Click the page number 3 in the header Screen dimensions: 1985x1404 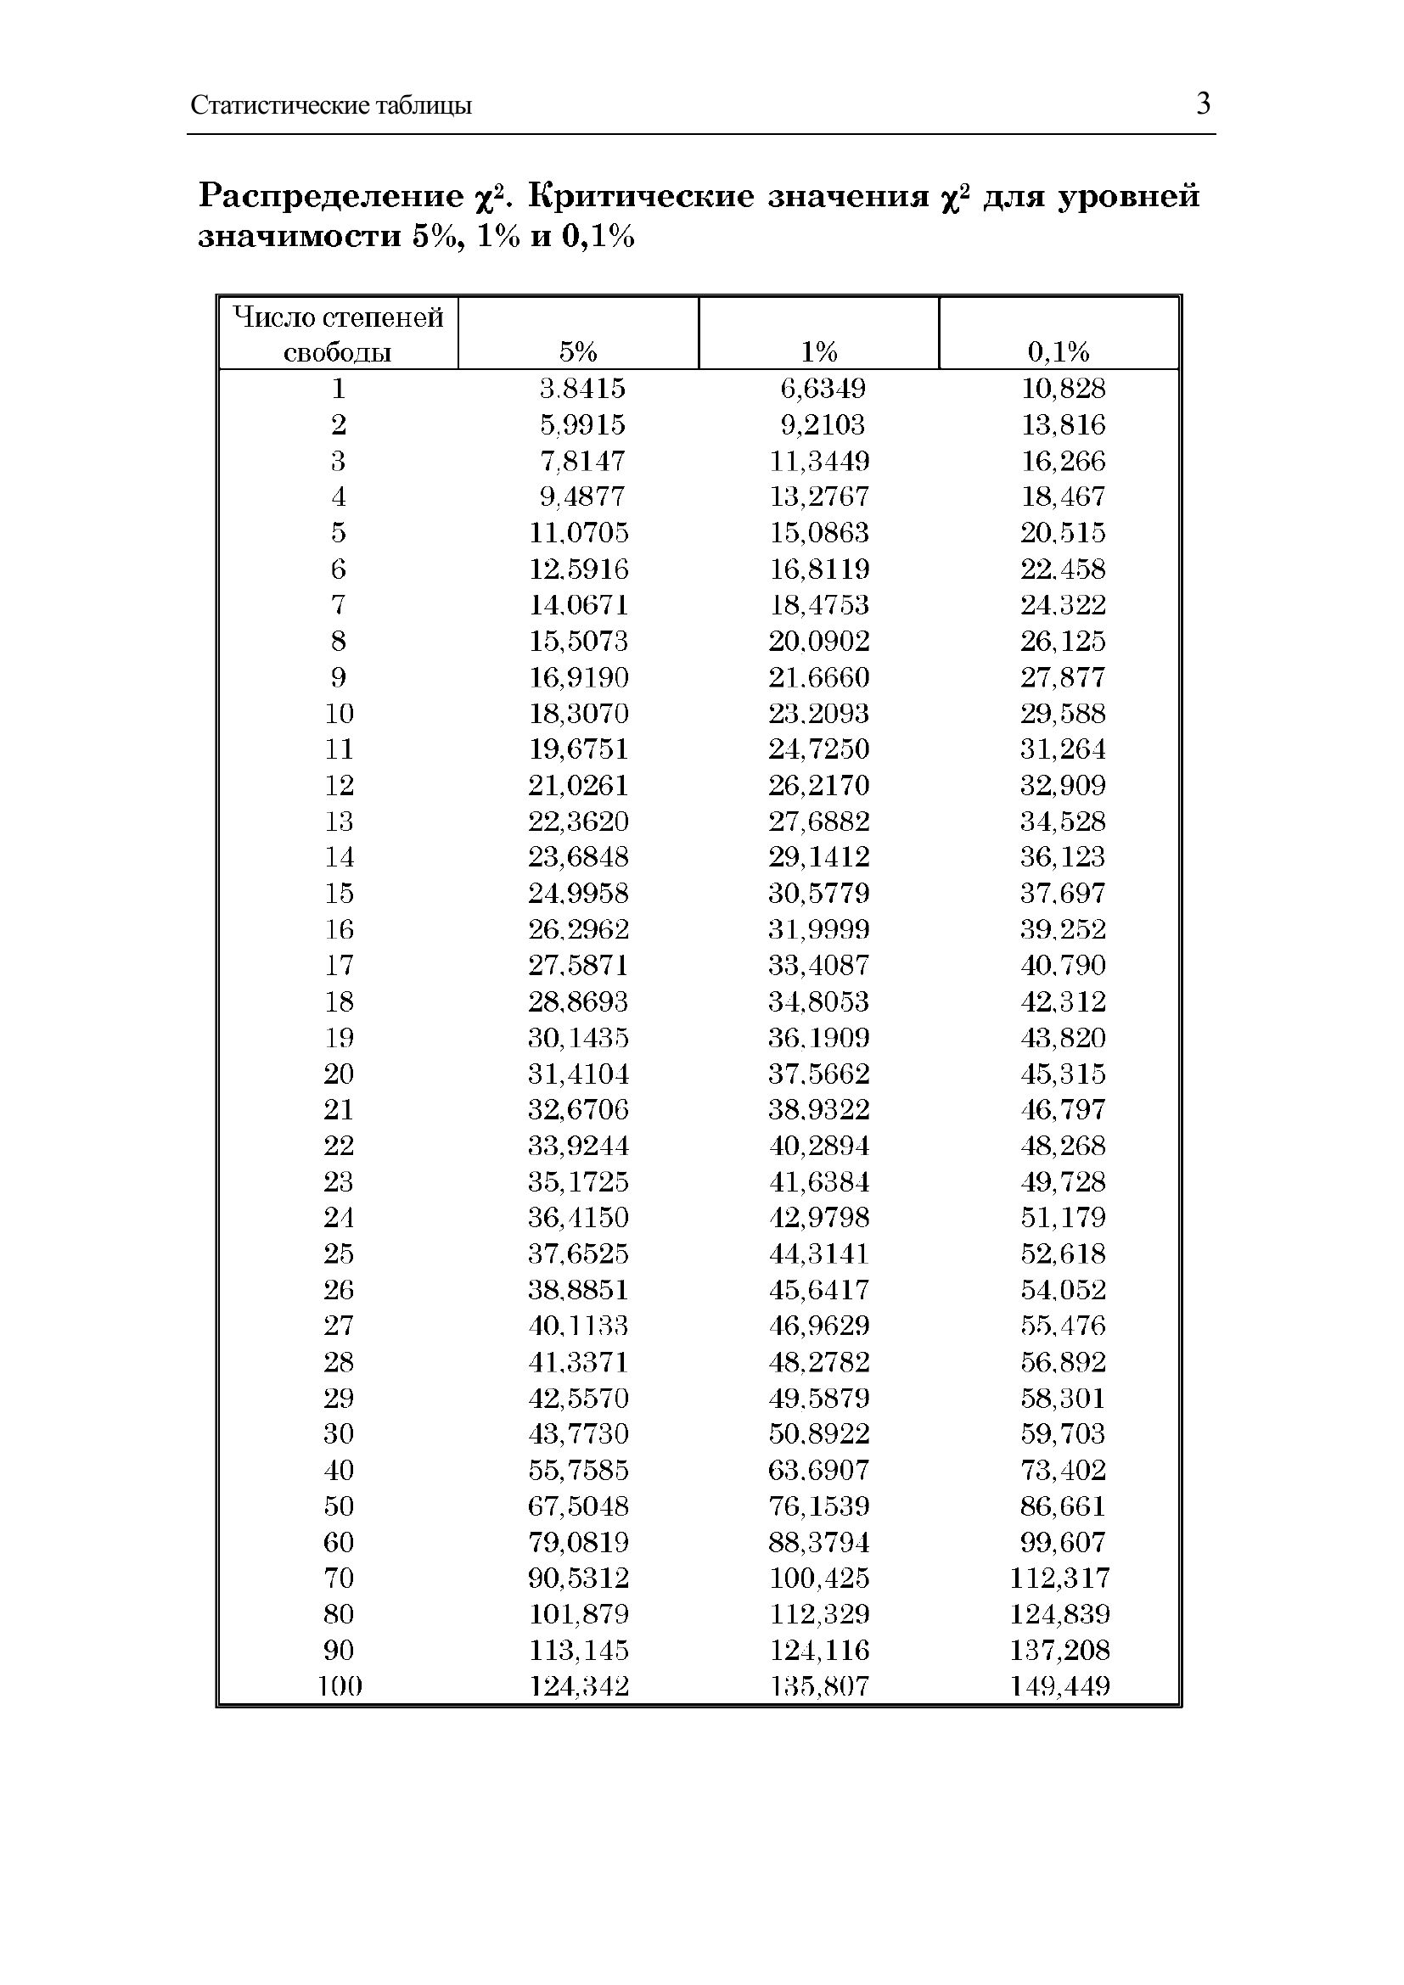(1203, 104)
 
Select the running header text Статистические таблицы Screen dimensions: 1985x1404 (331, 106)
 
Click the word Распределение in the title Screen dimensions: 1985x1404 (332, 197)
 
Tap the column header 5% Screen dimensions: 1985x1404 (577, 351)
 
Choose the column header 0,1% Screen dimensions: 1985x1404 (1059, 351)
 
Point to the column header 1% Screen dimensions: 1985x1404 (818, 351)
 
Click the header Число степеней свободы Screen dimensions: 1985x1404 (338, 334)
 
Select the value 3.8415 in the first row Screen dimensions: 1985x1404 (581, 388)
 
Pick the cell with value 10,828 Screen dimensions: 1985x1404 (1064, 388)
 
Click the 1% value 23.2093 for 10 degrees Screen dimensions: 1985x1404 (818, 713)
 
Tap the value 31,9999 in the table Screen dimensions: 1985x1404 (818, 929)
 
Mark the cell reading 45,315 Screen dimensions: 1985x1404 (1064, 1074)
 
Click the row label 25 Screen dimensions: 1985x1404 (339, 1253)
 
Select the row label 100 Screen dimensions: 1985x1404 (339, 1686)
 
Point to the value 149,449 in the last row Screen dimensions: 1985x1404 (1060, 1686)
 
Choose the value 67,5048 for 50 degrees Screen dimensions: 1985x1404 (578, 1506)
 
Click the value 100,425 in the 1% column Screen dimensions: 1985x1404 (818, 1578)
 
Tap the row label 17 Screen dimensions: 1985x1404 (339, 966)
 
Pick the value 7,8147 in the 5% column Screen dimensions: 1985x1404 (581, 461)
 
